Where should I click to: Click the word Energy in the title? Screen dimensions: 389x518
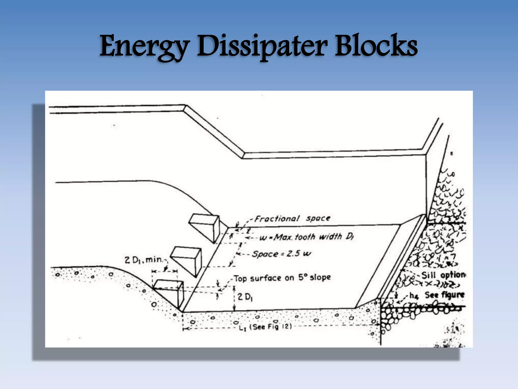tap(144, 47)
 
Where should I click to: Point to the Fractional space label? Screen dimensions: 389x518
tap(292, 219)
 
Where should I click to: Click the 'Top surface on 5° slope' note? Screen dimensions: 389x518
tap(282, 278)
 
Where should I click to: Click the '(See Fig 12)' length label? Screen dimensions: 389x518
tap(271, 327)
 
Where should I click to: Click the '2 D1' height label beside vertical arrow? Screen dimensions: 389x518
tap(245, 297)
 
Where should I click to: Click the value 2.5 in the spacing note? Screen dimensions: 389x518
tap(293, 254)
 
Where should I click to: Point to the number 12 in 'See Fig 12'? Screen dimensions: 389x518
tap(287, 326)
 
